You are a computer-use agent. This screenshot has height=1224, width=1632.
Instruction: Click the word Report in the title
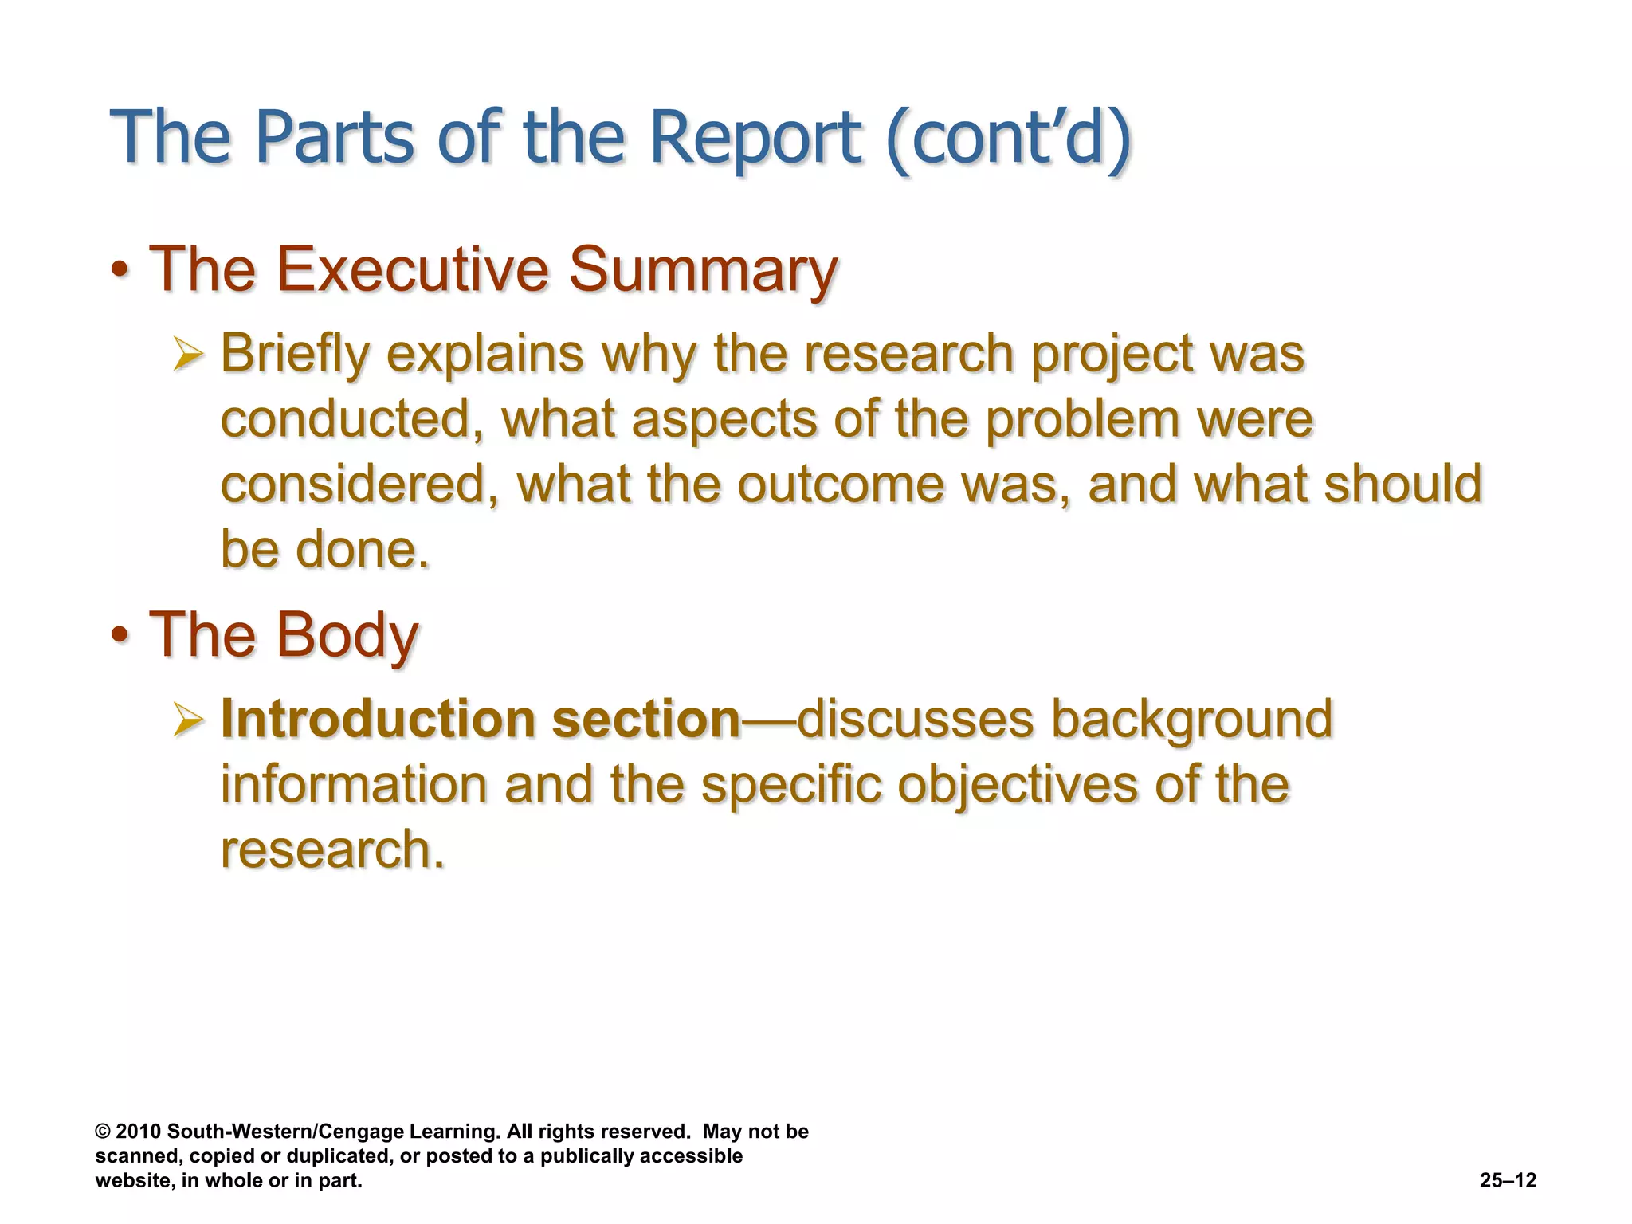pos(755,137)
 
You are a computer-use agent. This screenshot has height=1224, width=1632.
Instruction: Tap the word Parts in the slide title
pos(335,137)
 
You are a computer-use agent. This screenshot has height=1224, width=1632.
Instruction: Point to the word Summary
pos(703,271)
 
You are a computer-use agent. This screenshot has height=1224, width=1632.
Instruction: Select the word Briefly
pos(295,354)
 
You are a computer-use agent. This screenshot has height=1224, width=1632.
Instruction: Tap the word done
pos(363,549)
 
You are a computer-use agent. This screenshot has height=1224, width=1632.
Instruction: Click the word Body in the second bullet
pos(347,635)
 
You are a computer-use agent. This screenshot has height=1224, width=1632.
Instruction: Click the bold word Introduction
pos(378,719)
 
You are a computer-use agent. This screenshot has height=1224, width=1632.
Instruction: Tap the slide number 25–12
pos(1508,1180)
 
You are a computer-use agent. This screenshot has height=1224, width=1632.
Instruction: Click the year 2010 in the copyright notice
pos(139,1132)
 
